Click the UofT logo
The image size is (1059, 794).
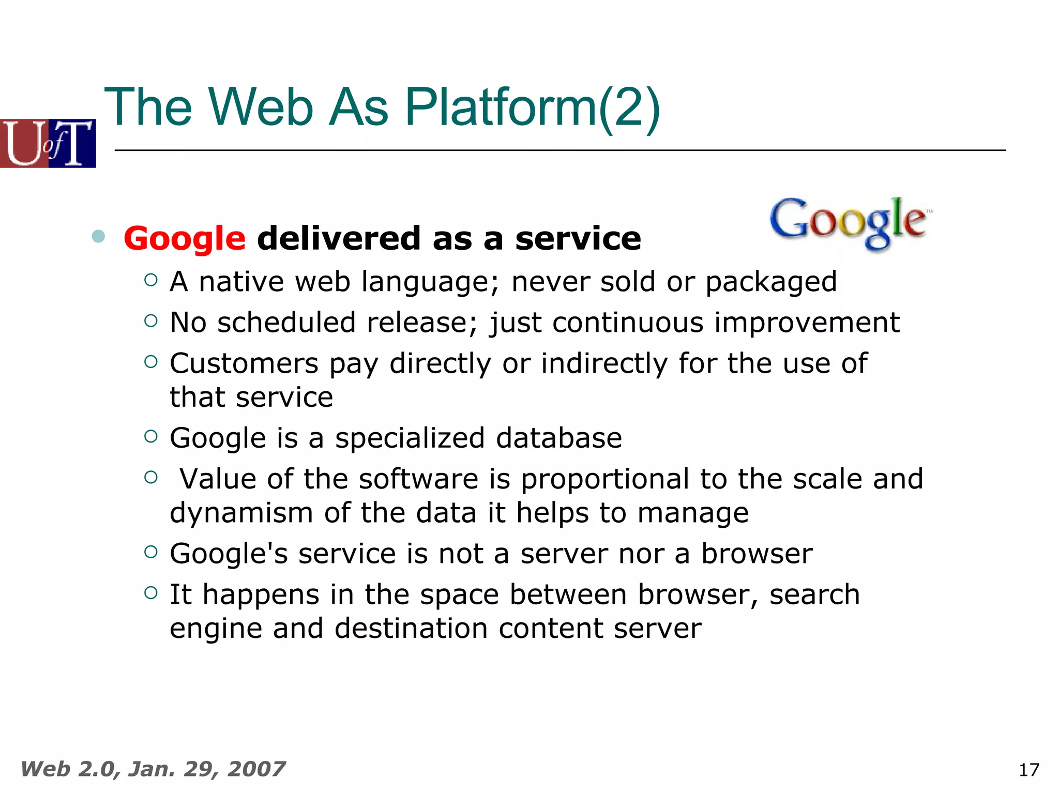pos(48,143)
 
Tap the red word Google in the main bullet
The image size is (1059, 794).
pos(185,239)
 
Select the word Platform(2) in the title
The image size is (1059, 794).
pos(532,107)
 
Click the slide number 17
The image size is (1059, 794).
pos(1028,770)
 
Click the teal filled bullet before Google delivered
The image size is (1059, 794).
pos(98,237)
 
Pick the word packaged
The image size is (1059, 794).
pos(771,282)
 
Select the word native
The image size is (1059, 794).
pos(241,282)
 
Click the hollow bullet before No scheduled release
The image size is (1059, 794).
pos(151,321)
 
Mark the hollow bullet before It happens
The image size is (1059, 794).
pos(151,592)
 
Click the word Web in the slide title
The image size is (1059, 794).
pos(261,107)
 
